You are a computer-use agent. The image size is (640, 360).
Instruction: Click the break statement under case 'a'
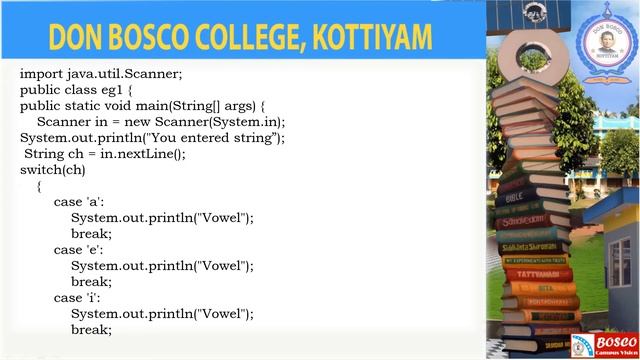click(91, 233)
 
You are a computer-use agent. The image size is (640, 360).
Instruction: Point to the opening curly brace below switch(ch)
click(39, 185)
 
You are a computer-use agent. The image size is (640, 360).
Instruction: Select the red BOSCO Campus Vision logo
click(606, 344)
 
